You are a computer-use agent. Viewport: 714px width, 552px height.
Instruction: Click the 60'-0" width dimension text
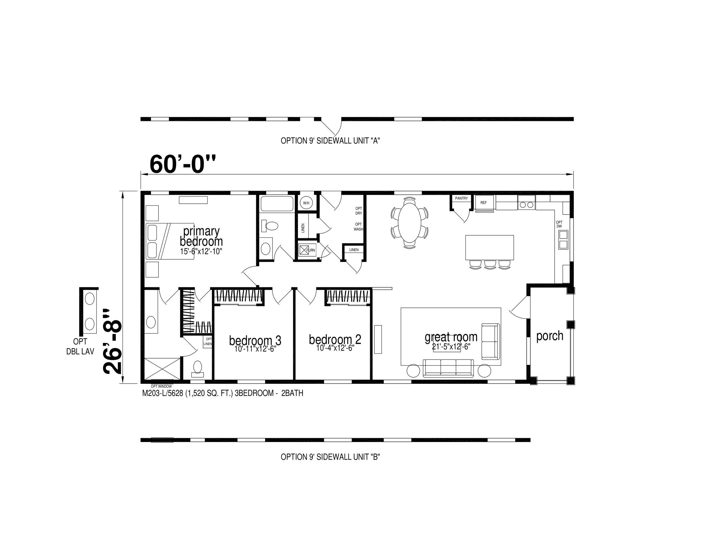[x=183, y=164]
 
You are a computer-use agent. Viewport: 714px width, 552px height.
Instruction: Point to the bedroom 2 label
[x=335, y=339]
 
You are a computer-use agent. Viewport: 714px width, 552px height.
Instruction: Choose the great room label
[x=451, y=337]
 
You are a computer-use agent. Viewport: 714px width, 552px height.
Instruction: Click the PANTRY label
[x=461, y=198]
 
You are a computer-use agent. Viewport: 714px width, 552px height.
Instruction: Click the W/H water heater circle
[x=306, y=203]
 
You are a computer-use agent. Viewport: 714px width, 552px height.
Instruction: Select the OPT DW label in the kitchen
[x=559, y=224]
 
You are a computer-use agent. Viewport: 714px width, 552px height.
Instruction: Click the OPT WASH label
[x=358, y=227]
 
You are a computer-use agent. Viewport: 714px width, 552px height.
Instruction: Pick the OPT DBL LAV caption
[x=80, y=346]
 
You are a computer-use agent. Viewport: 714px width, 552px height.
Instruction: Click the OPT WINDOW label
[x=161, y=387]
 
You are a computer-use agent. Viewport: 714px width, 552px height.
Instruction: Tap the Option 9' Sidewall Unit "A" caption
[x=330, y=141]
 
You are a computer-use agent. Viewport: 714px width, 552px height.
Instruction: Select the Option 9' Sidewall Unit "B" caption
[x=330, y=457]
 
